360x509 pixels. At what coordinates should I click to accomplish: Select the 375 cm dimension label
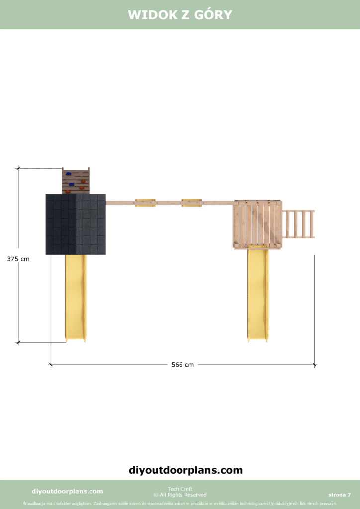point(18,259)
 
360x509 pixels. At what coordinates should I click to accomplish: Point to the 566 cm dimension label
point(182,365)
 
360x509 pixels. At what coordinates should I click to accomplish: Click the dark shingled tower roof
point(76,224)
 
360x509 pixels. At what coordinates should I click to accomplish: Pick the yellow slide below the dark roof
point(76,298)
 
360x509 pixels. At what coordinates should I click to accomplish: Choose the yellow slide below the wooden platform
point(258,295)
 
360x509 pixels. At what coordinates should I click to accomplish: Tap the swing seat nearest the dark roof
point(145,203)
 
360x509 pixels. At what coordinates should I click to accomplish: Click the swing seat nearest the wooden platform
point(191,203)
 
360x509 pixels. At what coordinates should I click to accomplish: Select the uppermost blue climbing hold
point(68,174)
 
